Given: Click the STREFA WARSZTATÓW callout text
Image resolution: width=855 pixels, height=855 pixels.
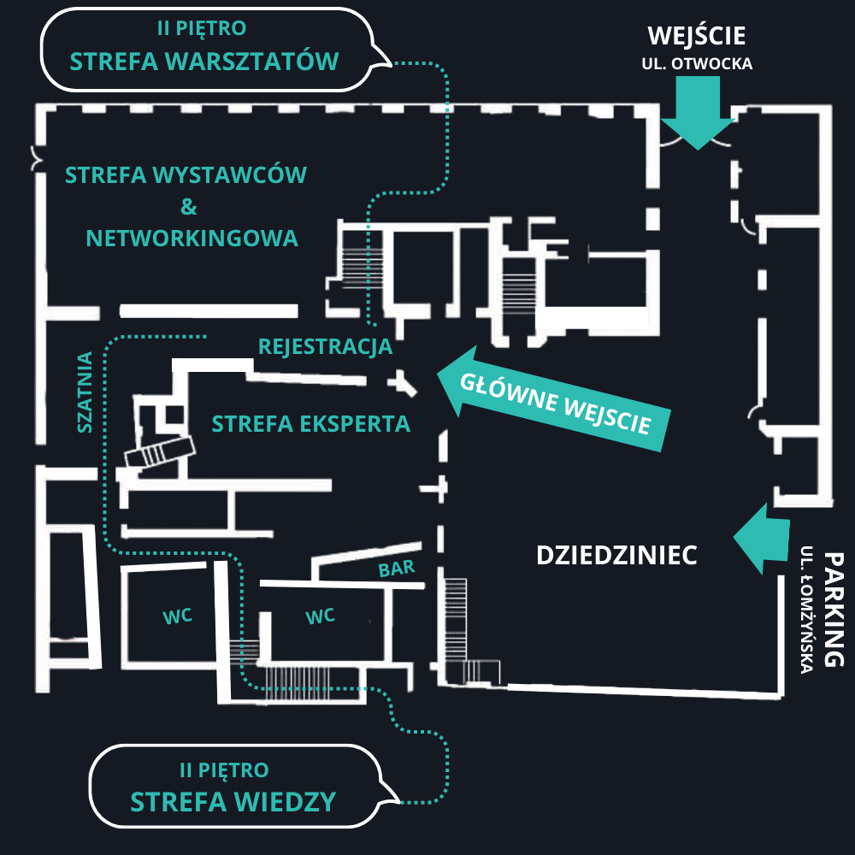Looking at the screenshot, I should (x=204, y=62).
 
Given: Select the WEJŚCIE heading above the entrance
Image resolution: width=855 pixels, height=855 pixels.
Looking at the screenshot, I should (x=697, y=36).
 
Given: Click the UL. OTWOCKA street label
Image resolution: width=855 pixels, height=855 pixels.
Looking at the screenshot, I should (x=697, y=63).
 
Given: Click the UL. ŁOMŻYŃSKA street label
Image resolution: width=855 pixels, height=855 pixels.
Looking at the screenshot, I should (x=807, y=610).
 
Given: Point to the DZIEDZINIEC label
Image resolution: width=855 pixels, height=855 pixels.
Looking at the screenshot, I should (x=616, y=555).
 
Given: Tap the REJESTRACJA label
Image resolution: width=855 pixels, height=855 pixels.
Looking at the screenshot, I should (x=325, y=347).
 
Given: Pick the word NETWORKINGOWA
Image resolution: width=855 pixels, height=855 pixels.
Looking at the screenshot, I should (x=192, y=238).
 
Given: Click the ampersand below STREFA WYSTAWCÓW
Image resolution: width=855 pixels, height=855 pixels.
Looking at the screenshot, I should (x=189, y=207).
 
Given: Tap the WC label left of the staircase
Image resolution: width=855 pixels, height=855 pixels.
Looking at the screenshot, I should (x=176, y=616).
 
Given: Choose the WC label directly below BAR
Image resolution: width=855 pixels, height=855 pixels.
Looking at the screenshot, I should (x=320, y=616).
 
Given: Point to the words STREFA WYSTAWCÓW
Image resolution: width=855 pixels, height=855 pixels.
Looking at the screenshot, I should (x=186, y=176).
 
